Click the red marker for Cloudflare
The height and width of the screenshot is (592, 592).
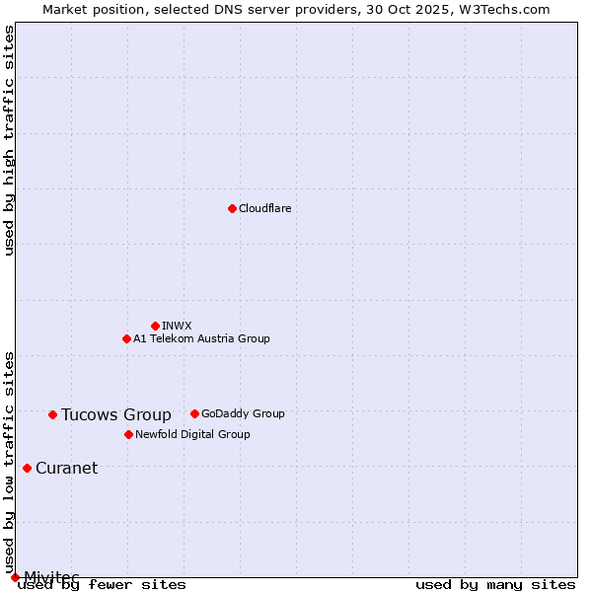pos(232,208)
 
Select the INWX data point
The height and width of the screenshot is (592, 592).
pos(155,326)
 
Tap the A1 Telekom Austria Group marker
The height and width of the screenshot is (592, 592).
pos(126,338)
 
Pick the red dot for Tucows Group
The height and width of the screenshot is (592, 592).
pos(52,414)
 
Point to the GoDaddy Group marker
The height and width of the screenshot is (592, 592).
pos(194,413)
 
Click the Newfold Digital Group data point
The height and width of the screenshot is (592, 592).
pos(128,434)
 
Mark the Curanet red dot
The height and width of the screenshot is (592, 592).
pos(27,468)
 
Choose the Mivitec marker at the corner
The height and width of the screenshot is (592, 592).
pos(15,577)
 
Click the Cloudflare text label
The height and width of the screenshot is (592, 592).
pos(264,208)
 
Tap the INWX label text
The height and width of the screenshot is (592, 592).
pos(177,326)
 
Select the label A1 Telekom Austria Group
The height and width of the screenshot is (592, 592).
pos(201,338)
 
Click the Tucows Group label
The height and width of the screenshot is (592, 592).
pos(115,414)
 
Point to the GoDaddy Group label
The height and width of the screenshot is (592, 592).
pos(243,413)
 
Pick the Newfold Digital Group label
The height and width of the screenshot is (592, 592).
pos(192,434)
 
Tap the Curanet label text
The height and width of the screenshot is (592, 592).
pos(66,468)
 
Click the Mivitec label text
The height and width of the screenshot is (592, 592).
pos(51,576)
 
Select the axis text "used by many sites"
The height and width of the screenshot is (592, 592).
pos(495,584)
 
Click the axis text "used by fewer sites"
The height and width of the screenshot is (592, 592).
pos(103,584)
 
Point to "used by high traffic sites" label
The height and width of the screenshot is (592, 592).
pos(9,140)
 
